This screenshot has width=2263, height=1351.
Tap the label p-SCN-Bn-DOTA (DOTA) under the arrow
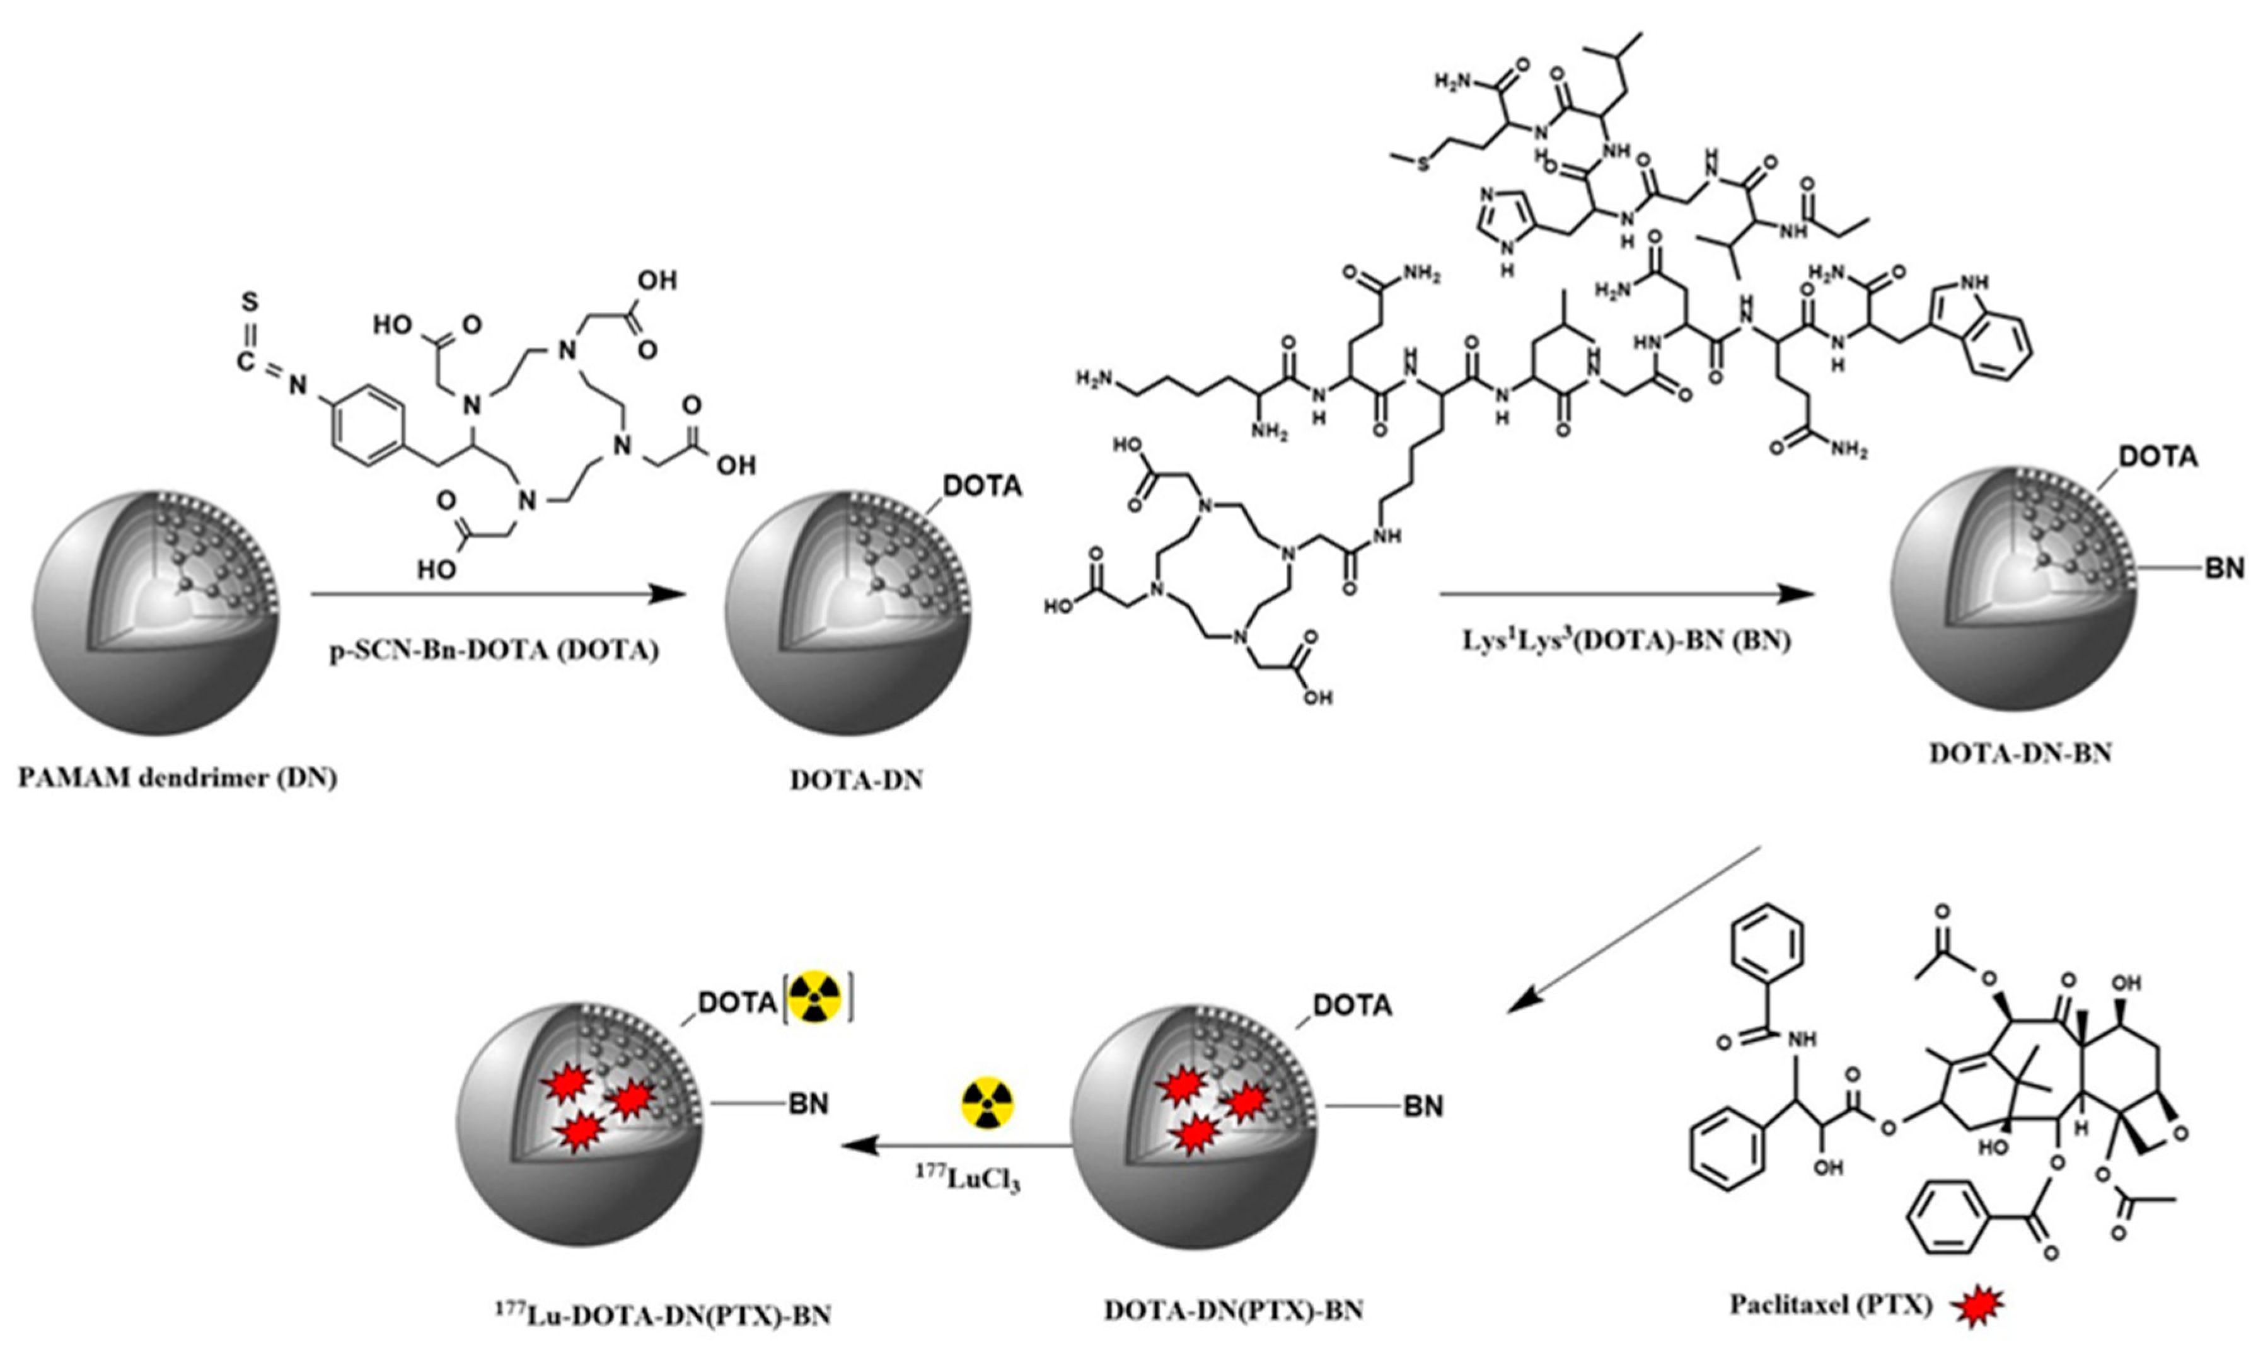[494, 652]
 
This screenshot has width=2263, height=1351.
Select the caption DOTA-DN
[856, 780]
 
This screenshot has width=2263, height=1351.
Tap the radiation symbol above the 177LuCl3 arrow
[987, 1103]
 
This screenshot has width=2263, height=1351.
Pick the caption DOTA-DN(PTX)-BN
[1234, 1310]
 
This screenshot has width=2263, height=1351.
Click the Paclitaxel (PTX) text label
[1831, 1304]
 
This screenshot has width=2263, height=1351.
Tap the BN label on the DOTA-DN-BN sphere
[2223, 569]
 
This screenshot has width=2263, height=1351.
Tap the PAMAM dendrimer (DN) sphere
[156, 612]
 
